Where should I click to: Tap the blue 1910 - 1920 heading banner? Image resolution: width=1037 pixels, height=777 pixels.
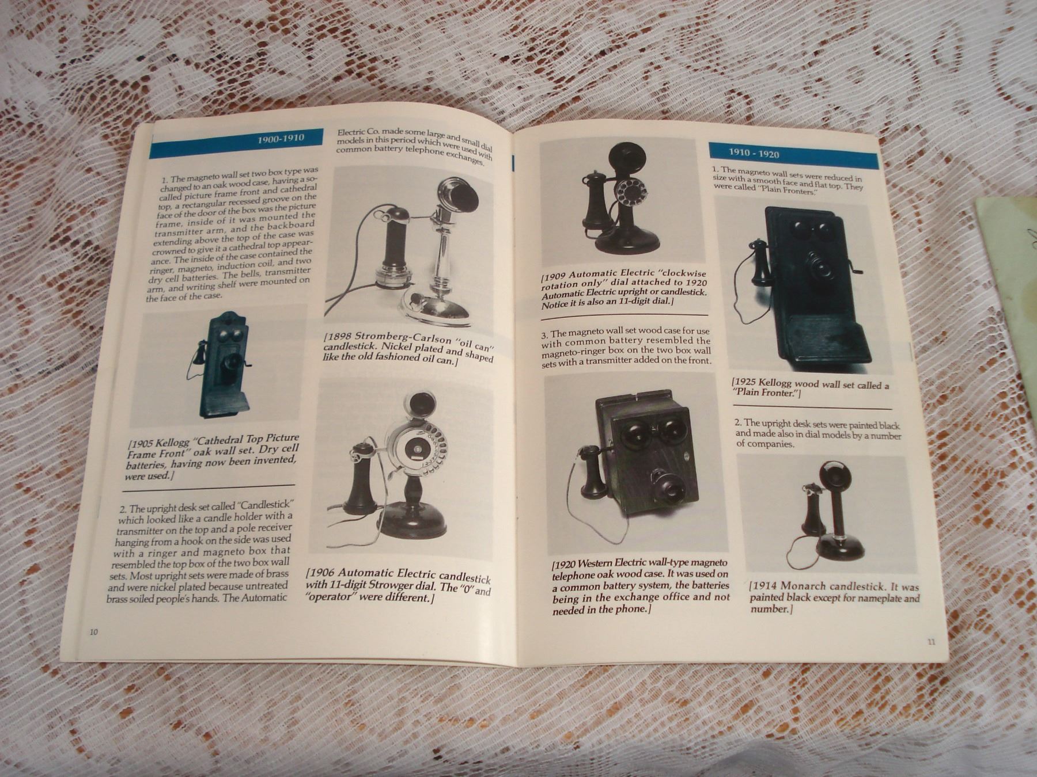(x=793, y=154)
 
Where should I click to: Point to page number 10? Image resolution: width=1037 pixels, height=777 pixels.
(x=94, y=632)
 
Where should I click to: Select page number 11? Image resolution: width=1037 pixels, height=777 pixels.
(x=932, y=642)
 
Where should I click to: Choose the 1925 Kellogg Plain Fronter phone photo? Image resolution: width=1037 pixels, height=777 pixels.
(x=804, y=285)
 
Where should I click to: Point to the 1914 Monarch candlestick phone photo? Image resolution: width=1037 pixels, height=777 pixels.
(x=827, y=514)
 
